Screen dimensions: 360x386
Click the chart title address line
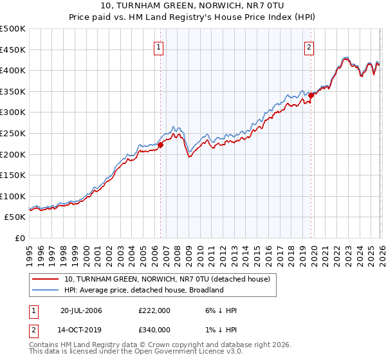(x=193, y=6)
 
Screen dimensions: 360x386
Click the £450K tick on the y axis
(x=13, y=50)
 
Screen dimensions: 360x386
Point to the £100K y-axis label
(x=13, y=196)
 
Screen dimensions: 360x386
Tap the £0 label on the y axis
(x=20, y=238)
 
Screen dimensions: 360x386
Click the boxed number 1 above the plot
(x=158, y=46)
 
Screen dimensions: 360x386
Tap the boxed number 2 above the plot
(x=309, y=46)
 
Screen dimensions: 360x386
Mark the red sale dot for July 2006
(x=160, y=145)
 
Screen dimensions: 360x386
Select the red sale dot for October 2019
(x=311, y=95)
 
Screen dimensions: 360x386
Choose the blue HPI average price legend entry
(x=143, y=290)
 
